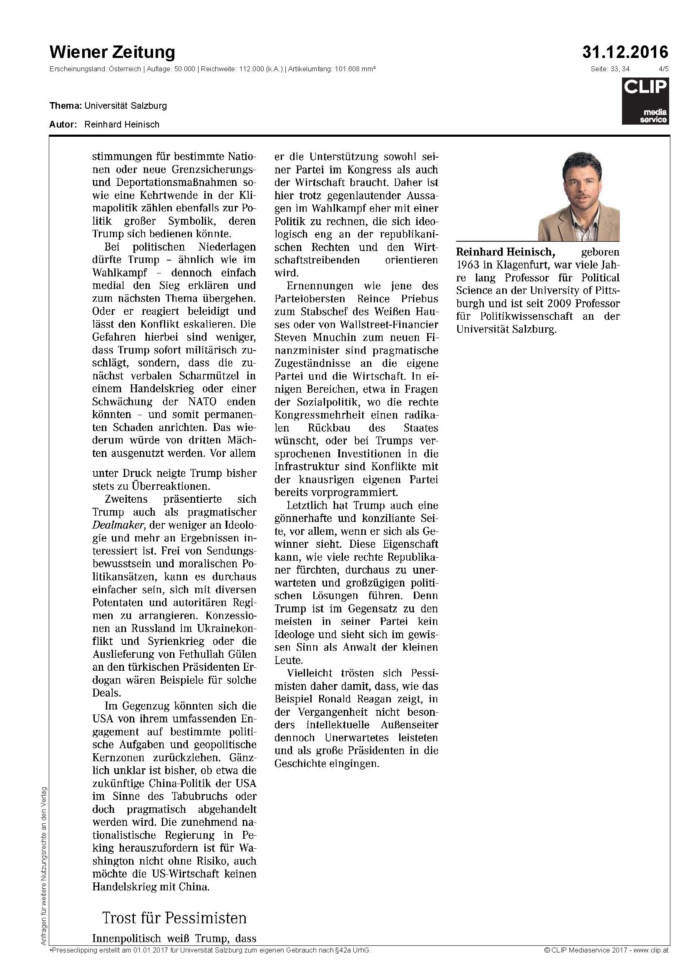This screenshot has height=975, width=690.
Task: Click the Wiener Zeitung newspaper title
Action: (x=112, y=53)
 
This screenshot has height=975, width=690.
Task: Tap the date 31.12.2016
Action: (x=625, y=53)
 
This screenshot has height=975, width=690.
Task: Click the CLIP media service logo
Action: (x=645, y=102)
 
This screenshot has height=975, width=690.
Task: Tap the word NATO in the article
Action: (x=201, y=401)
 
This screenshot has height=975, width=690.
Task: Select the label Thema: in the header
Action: (x=66, y=105)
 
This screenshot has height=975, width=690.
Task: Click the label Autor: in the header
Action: (x=63, y=124)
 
